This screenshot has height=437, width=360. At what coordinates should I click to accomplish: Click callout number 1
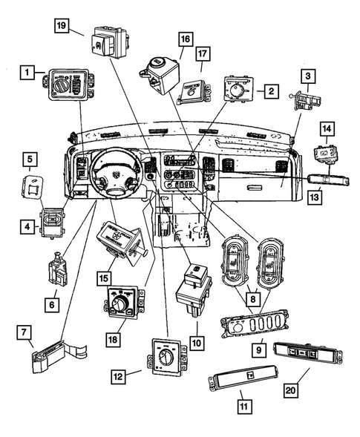click(27, 72)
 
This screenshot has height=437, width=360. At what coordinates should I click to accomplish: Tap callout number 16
click(184, 39)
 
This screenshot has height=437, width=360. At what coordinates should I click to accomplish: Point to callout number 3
click(307, 76)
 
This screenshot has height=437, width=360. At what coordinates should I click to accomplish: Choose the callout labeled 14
click(326, 128)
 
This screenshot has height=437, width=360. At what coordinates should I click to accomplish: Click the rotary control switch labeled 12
click(168, 355)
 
